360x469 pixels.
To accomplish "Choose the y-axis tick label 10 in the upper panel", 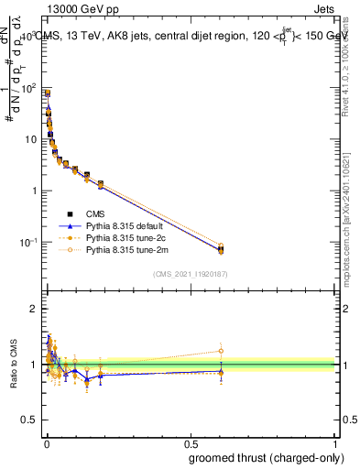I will (x=32, y=139).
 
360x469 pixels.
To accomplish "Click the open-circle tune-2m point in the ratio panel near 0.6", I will (x=221, y=351).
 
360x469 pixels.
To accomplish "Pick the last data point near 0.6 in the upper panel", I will (x=221, y=249).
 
